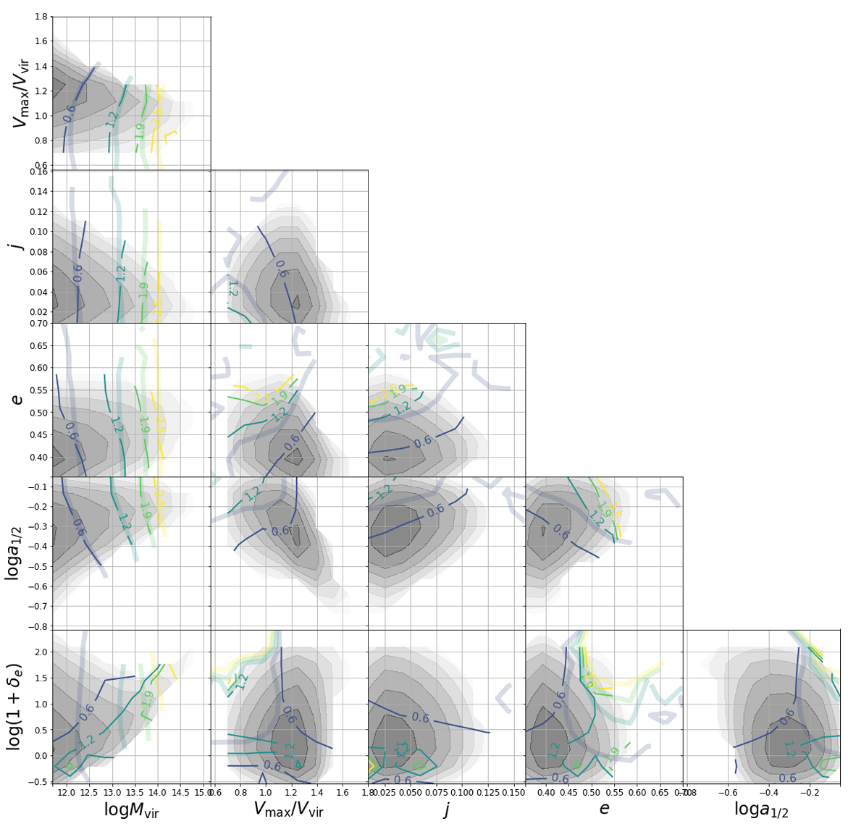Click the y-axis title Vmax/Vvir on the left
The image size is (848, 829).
[20, 93]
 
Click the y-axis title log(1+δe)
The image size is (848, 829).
[14, 706]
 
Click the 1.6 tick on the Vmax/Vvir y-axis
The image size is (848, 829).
[40, 41]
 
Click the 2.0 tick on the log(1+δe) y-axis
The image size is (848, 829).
[40, 652]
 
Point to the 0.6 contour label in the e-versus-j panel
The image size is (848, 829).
[423, 442]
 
